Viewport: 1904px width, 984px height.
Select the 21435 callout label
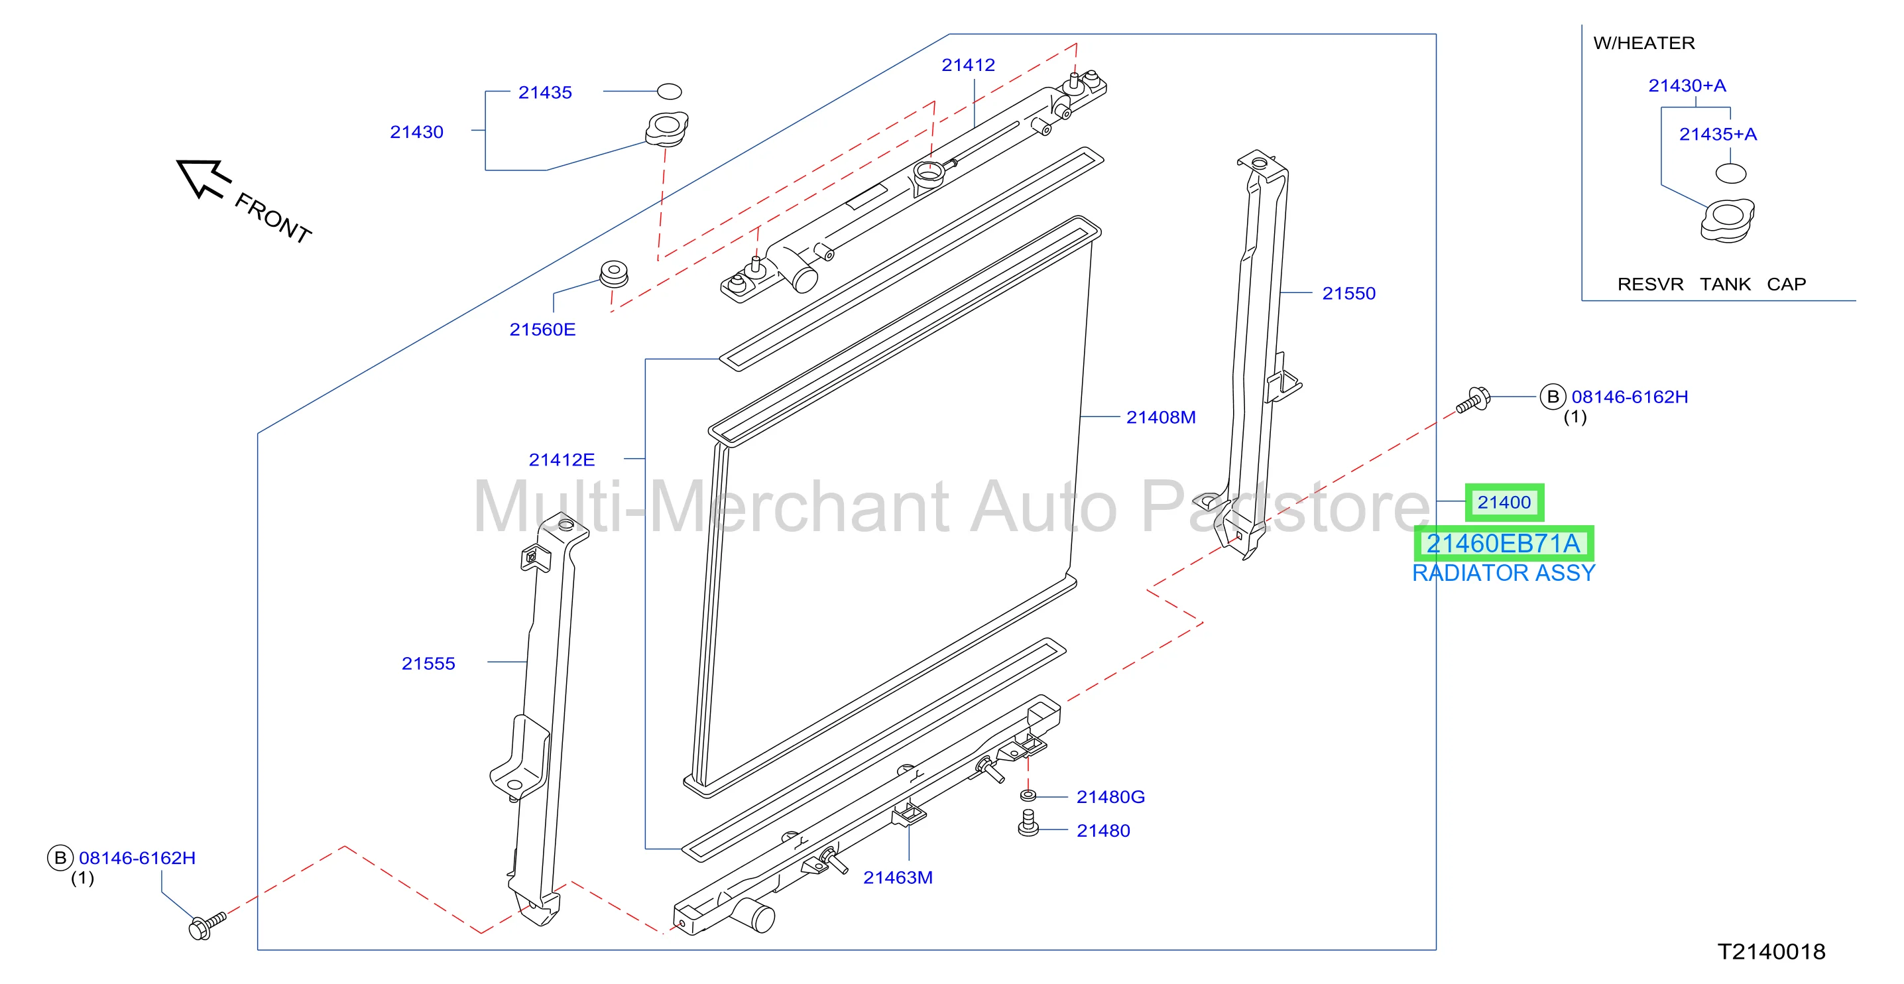pyautogui.click(x=545, y=92)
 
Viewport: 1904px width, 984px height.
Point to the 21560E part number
pyautogui.click(x=542, y=329)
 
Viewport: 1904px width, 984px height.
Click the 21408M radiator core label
pyautogui.click(x=1160, y=417)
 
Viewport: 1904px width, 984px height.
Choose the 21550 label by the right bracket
pyautogui.click(x=1348, y=293)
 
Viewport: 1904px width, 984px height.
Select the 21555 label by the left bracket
pyautogui.click(x=428, y=663)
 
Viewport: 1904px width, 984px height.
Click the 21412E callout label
pyautogui.click(x=561, y=459)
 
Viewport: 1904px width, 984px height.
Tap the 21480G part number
pyautogui.click(x=1110, y=796)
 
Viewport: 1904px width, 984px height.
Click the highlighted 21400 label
pyautogui.click(x=1504, y=502)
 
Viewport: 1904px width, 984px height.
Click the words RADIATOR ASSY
pyautogui.click(x=1504, y=573)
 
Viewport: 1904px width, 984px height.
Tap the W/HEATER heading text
pyautogui.click(x=1644, y=43)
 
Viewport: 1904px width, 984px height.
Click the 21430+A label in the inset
pyautogui.click(x=1687, y=85)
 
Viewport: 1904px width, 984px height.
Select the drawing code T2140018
pyautogui.click(x=1771, y=952)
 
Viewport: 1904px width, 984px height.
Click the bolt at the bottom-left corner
pyautogui.click(x=206, y=925)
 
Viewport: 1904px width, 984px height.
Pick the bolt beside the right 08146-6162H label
pyautogui.click(x=1473, y=400)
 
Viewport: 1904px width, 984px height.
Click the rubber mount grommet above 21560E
pyautogui.click(x=613, y=274)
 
